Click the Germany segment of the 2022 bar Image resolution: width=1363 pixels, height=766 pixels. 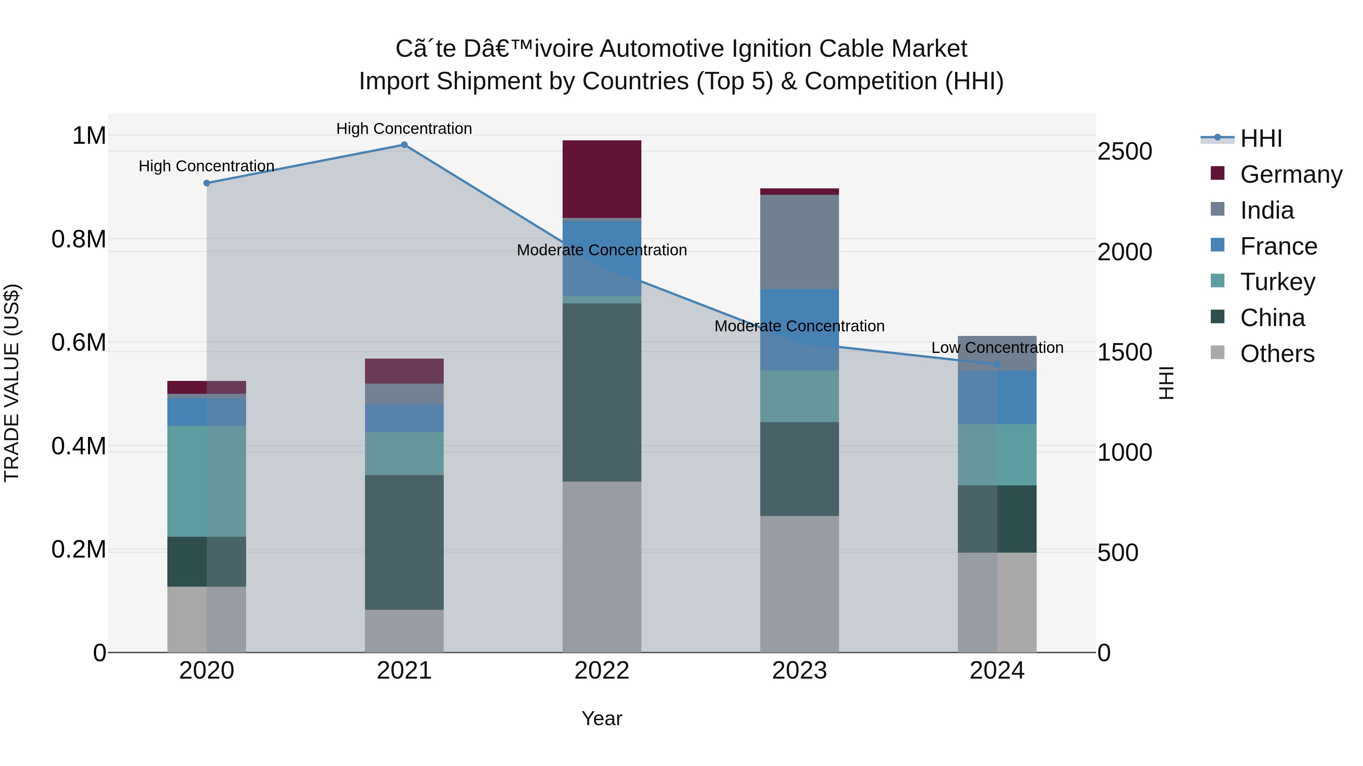[x=602, y=179]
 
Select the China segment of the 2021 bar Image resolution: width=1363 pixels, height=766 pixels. [x=404, y=542]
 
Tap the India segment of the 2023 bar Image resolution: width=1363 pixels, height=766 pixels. [x=800, y=242]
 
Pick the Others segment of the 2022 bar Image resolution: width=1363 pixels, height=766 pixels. [x=602, y=566]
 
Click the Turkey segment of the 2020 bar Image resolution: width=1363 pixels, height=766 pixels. [x=206, y=481]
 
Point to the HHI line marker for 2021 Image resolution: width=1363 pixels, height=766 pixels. [x=404, y=145]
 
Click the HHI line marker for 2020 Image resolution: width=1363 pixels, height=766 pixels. [x=207, y=183]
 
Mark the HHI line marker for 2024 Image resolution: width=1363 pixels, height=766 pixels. [x=997, y=364]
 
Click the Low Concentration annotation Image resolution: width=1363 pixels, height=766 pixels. [x=997, y=348]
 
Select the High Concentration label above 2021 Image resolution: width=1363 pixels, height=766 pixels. [x=404, y=129]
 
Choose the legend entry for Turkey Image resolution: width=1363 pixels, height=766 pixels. [x=1277, y=282]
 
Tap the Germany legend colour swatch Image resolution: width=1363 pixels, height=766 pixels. [x=1218, y=173]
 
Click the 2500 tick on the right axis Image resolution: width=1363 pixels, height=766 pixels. [x=1125, y=152]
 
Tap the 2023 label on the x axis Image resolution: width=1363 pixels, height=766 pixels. [x=800, y=671]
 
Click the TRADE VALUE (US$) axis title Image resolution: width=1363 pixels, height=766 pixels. [x=12, y=383]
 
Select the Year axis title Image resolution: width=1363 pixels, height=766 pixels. [x=602, y=718]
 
